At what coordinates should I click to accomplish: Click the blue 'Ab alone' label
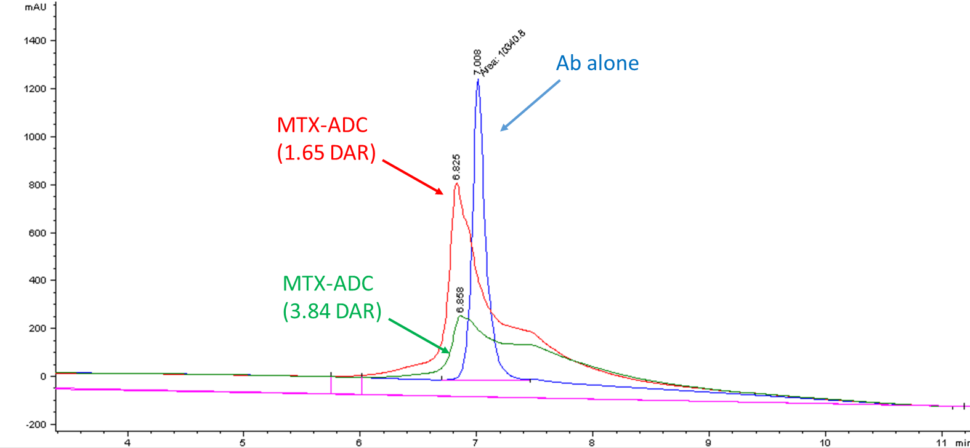(x=597, y=63)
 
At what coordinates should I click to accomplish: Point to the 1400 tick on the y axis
(x=35, y=41)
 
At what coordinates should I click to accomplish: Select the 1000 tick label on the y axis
(x=35, y=137)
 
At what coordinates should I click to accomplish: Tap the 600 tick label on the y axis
(x=38, y=233)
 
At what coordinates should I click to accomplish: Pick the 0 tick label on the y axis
(x=43, y=376)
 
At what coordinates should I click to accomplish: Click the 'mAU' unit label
(x=35, y=7)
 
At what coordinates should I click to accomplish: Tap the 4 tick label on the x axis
(x=127, y=442)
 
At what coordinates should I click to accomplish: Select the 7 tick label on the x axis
(x=475, y=442)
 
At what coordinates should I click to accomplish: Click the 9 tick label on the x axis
(x=708, y=442)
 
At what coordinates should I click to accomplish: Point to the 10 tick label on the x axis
(x=825, y=442)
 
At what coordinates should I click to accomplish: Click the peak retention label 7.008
(x=477, y=62)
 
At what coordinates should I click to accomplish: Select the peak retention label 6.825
(x=456, y=166)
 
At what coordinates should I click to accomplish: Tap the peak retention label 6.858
(x=460, y=300)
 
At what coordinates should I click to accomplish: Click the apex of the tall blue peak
(x=478, y=80)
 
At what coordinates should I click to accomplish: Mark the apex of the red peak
(x=456, y=183)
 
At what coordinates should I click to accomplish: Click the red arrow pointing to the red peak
(x=413, y=177)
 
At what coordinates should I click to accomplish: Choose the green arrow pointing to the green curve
(x=419, y=336)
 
